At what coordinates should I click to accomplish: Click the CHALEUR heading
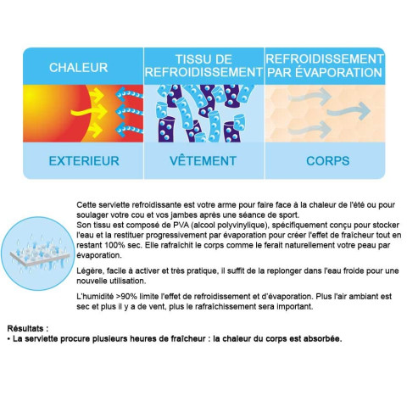point(78,68)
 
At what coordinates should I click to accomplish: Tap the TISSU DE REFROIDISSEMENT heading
point(203,65)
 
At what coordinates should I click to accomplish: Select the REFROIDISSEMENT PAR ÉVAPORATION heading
point(323,65)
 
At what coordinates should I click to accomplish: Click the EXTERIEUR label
point(78,159)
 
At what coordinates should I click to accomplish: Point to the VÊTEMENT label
point(203,159)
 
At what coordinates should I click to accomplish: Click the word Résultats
point(27,326)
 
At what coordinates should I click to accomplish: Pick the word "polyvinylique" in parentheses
point(216,228)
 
